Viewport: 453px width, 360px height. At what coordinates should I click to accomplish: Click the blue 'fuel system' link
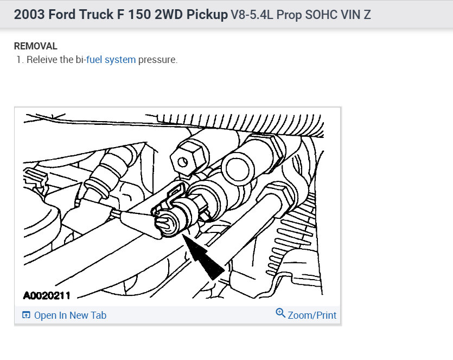[111, 60]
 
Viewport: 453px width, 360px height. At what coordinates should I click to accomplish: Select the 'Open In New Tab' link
[70, 315]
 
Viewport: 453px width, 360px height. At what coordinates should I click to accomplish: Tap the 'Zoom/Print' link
[312, 315]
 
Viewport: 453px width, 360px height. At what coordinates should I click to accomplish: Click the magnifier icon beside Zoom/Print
[280, 313]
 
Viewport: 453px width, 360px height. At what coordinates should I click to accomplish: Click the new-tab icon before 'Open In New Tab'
[26, 315]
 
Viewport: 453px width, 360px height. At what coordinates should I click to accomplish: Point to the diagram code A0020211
[47, 296]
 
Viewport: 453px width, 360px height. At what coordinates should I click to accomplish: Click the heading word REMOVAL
[35, 46]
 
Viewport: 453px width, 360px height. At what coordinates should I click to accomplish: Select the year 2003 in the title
[28, 15]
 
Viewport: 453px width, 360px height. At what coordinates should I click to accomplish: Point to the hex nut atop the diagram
[184, 159]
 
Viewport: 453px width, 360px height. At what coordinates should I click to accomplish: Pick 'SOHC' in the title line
[323, 15]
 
